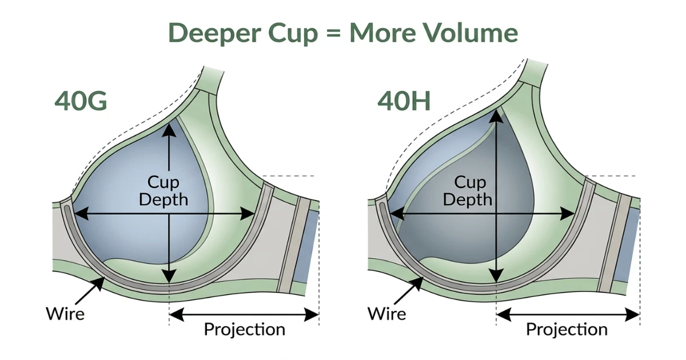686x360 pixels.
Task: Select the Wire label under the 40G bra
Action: [x=65, y=313]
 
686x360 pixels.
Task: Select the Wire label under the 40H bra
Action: [x=387, y=313]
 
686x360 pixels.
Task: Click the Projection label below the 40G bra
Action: [x=244, y=329]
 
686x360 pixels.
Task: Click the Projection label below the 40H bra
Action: [x=567, y=329]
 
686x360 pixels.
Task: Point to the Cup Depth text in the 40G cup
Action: [x=163, y=191]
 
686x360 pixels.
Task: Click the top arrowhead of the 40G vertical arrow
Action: [x=169, y=130]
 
